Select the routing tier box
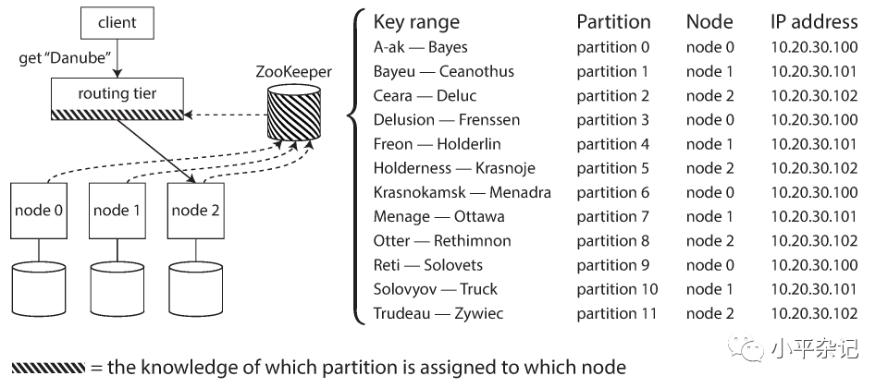(x=117, y=96)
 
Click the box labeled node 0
(x=39, y=211)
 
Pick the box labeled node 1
(x=117, y=211)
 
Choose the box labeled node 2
(x=196, y=211)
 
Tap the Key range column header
(x=416, y=22)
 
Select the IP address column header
(x=814, y=22)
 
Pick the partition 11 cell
(x=617, y=313)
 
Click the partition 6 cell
(x=612, y=192)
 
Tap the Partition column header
(x=613, y=22)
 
